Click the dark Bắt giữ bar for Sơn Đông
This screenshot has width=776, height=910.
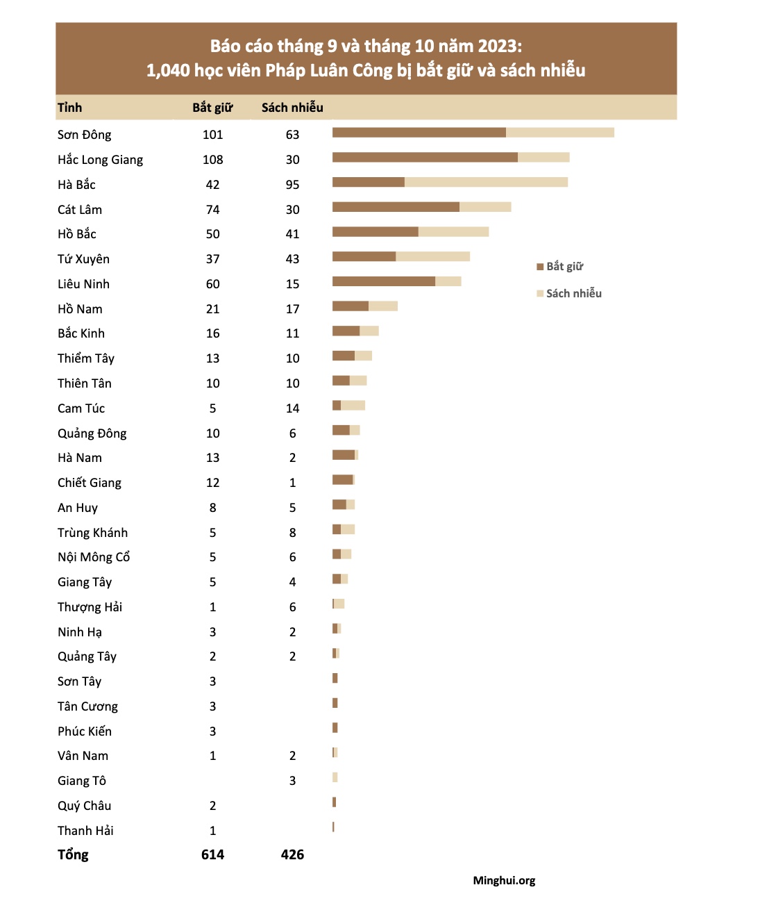click(x=419, y=133)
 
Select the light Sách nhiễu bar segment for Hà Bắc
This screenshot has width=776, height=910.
click(x=486, y=183)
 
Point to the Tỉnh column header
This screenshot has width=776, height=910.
click(x=69, y=108)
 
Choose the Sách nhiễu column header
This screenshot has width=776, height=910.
click(x=292, y=108)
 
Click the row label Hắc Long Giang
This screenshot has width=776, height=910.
click(x=100, y=160)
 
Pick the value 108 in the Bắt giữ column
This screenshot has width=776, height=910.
click(x=212, y=160)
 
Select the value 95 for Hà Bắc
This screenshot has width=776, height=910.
click(x=292, y=185)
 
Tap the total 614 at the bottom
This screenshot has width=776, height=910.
click(x=212, y=855)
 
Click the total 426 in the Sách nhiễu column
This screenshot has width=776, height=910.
click(x=292, y=855)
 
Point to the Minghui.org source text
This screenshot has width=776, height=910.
click(x=504, y=881)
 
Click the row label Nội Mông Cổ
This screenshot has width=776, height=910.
click(x=94, y=557)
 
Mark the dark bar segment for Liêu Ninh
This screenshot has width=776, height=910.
click(x=383, y=281)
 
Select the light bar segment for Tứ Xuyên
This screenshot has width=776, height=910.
click(x=432, y=256)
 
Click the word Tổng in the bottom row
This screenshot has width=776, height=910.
click(x=73, y=855)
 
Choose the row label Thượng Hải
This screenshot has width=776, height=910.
click(x=90, y=607)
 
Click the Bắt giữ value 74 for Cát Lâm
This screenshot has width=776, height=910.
click(x=212, y=210)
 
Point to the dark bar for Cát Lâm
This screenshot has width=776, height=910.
click(x=396, y=207)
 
